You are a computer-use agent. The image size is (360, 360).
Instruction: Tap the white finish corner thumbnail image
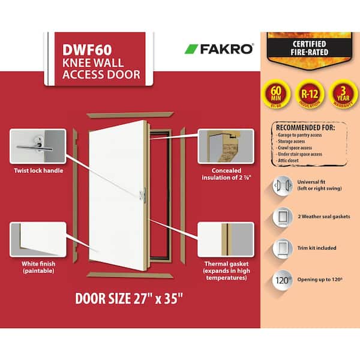(x=37, y=242)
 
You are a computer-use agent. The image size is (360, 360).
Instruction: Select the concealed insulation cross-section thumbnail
(x=226, y=148)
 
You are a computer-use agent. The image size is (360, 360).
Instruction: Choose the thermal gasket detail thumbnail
(x=226, y=242)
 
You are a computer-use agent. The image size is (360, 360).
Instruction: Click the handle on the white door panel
(x=142, y=193)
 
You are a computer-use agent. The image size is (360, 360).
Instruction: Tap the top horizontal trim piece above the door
(x=130, y=113)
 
